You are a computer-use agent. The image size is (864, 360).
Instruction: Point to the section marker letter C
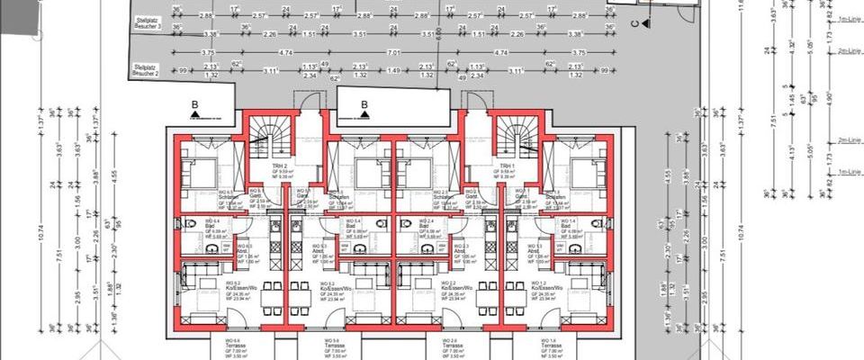point(634,24)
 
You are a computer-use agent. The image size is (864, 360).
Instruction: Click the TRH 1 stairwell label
point(507,169)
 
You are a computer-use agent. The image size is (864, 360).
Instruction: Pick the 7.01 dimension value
point(392,53)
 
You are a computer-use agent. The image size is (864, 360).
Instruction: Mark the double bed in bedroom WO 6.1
point(202,170)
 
